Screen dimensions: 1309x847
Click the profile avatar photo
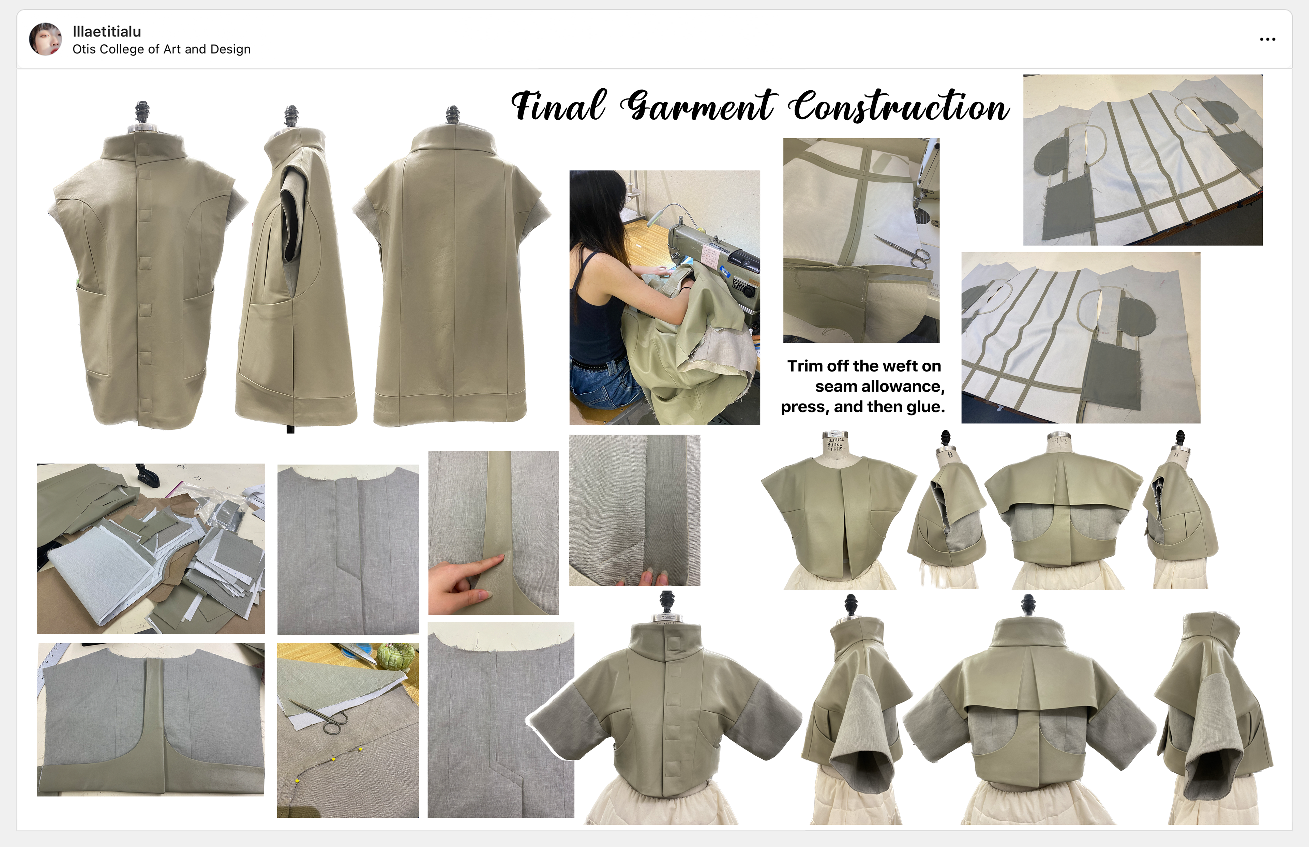(45, 39)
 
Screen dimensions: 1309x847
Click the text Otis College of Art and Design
(161, 49)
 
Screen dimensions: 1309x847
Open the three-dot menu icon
(1267, 39)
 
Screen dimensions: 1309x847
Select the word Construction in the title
(900, 106)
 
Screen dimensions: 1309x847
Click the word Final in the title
(559, 106)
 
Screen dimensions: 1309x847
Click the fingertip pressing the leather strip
(498, 559)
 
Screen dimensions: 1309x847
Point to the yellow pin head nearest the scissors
(333, 759)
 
